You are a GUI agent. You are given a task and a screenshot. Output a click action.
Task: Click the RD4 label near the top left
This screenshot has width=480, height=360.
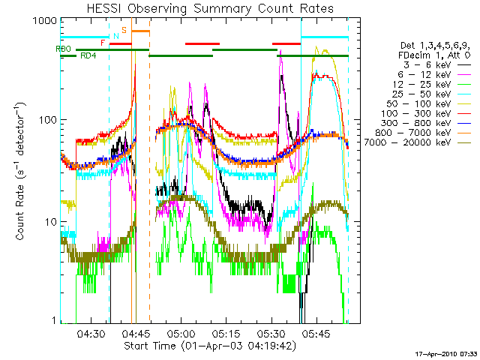[88, 56]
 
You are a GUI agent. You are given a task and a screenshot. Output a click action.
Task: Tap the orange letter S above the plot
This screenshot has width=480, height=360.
[124, 29]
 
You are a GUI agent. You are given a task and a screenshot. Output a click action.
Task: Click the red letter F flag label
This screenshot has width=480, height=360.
[103, 43]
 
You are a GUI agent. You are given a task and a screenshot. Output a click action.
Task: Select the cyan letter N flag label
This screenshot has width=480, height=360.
[115, 35]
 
